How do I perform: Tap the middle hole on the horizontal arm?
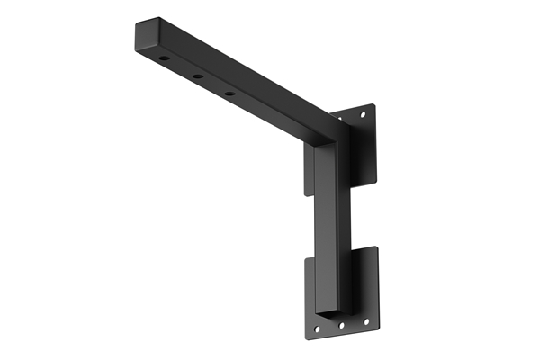(x=197, y=76)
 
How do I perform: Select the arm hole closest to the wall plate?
(x=229, y=93)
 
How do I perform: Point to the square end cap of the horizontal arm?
(x=146, y=35)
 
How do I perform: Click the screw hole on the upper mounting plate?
(x=363, y=116)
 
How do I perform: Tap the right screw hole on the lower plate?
(x=364, y=321)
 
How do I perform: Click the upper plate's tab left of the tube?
(x=310, y=171)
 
